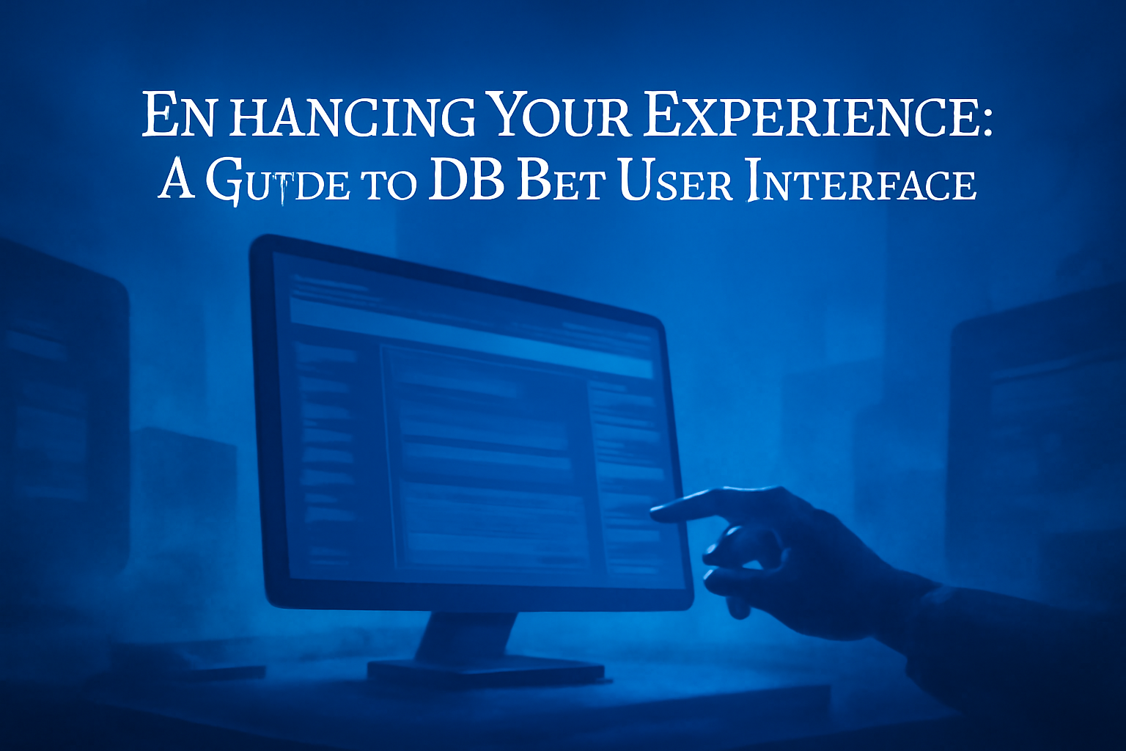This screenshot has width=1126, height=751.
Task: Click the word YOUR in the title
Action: [558, 116]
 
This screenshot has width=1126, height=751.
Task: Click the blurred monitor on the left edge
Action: [59, 411]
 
